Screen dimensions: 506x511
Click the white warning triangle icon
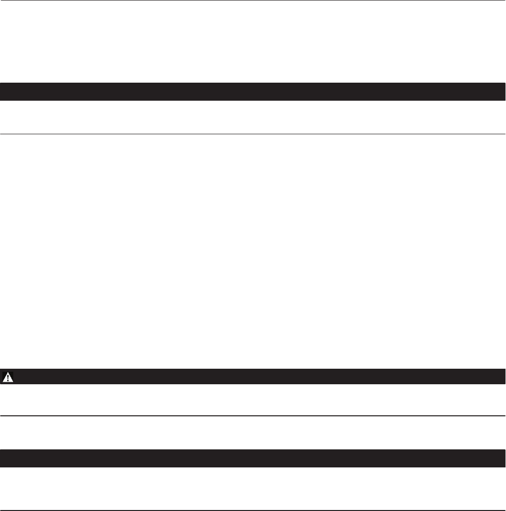(9, 377)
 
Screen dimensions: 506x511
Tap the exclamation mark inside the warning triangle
(9, 378)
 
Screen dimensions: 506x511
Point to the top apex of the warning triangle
(9, 373)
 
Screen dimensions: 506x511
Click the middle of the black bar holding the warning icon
(253, 377)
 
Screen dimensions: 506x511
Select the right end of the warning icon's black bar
(503, 377)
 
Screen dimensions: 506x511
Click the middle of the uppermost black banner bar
(253, 92)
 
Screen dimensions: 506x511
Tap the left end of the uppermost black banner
(2, 92)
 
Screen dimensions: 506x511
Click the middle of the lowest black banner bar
(253, 458)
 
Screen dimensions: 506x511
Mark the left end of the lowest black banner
(2, 458)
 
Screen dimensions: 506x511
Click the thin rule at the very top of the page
(253, 1)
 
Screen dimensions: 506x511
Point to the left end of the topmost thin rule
(2, 1)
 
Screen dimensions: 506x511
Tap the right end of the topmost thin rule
(504, 1)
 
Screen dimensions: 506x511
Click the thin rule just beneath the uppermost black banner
(253, 134)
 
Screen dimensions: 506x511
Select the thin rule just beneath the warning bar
(253, 416)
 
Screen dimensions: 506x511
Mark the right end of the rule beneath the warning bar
(504, 416)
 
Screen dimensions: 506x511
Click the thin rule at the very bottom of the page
(253, 510)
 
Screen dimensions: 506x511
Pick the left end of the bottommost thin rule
(2, 510)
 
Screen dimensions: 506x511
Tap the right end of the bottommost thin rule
(504, 510)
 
